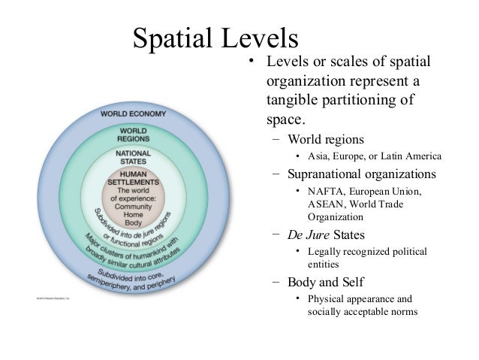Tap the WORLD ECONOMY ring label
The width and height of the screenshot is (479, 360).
click(x=135, y=113)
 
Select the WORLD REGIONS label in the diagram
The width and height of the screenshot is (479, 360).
click(x=134, y=135)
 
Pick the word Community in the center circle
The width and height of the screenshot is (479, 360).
click(x=134, y=207)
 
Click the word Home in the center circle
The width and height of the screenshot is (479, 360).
click(x=134, y=216)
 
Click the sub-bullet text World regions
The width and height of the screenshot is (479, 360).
click(x=325, y=140)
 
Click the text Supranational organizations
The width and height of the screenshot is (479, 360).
click(x=361, y=174)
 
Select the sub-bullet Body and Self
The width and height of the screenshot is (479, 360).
click(x=325, y=283)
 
